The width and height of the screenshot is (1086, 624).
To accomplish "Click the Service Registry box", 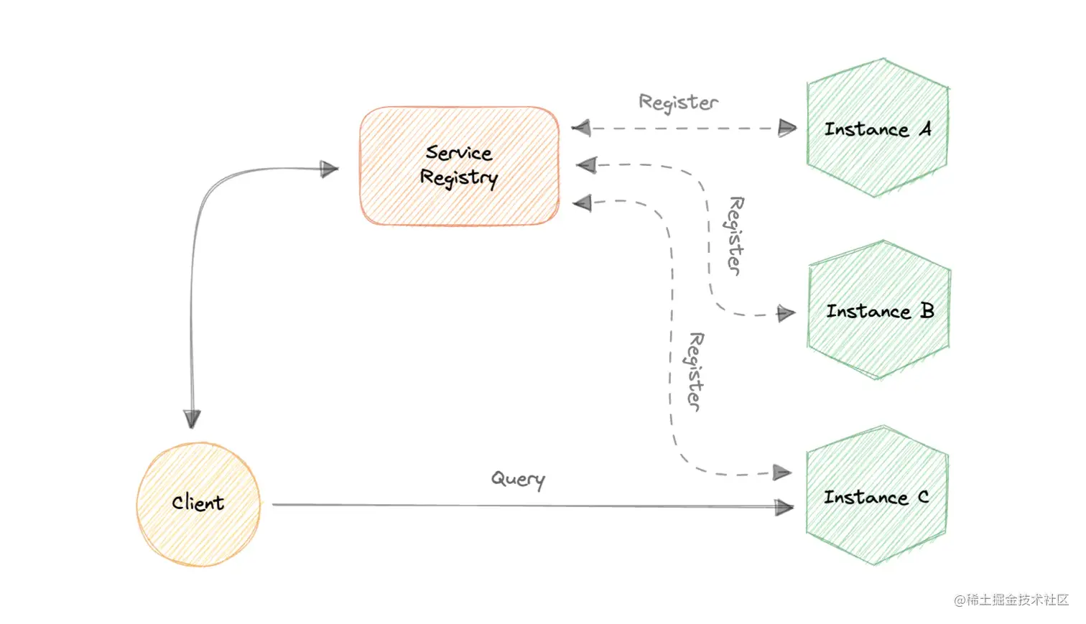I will [x=459, y=166].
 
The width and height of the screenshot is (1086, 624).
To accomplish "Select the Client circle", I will [x=198, y=504].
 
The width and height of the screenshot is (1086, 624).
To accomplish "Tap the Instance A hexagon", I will [x=877, y=128].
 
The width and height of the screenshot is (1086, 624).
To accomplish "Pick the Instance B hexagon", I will [x=879, y=310].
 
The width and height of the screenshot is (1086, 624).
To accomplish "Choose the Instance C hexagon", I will [x=876, y=496].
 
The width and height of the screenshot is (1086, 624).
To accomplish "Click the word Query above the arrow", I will [x=518, y=479].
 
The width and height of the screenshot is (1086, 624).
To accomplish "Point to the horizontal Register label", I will [x=678, y=103].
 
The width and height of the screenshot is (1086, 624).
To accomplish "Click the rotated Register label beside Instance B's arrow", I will [x=735, y=235].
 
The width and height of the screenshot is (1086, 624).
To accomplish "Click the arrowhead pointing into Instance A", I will [x=788, y=129].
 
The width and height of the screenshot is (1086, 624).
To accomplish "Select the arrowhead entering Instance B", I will [x=786, y=314].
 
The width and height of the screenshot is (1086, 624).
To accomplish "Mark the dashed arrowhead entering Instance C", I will [x=782, y=472].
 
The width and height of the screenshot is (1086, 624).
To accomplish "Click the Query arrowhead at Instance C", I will [x=784, y=507].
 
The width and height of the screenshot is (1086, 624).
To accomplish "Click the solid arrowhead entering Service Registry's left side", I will [x=330, y=169].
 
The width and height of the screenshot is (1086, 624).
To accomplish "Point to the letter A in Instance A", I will [x=925, y=129].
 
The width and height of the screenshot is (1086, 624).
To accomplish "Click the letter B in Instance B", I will [x=927, y=310].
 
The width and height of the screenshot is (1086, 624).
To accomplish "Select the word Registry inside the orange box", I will [x=459, y=178].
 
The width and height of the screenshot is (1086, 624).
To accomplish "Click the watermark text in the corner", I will [x=1011, y=600].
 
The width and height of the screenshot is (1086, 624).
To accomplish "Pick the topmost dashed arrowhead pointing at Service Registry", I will [x=581, y=129].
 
